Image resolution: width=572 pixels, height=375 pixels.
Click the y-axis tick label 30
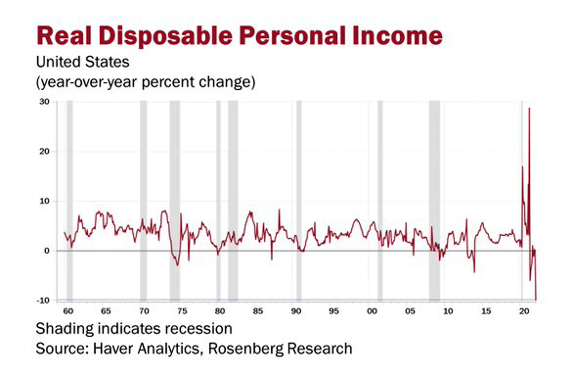tap(44, 102)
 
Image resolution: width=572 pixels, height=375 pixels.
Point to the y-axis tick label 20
tap(44, 152)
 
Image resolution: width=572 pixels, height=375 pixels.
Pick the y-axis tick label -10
tap(43, 300)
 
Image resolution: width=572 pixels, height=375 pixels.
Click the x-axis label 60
tap(66, 310)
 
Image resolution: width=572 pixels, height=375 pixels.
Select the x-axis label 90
tap(295, 310)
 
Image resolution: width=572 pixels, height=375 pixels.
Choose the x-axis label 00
tap(372, 310)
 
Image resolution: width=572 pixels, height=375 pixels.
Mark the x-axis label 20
tap(523, 310)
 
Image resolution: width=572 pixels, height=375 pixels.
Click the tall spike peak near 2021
tap(529, 109)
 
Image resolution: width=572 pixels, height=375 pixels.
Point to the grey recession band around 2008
tap(434, 196)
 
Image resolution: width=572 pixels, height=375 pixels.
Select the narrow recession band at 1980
tap(218, 196)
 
